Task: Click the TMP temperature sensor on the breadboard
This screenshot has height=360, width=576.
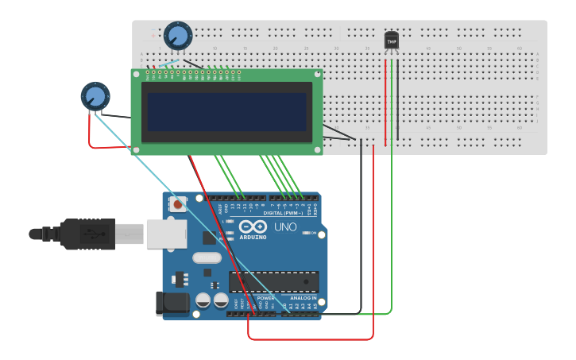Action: coord(392,41)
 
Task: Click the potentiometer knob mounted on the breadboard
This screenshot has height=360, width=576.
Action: coord(178,36)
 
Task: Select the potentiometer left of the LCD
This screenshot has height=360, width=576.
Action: coord(95,96)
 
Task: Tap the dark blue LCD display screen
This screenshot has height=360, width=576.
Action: coord(226,111)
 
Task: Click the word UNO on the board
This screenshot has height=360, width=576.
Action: coord(285,227)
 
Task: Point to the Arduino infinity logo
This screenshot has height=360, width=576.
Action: coord(253,226)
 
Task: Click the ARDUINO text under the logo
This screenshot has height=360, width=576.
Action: coord(253,237)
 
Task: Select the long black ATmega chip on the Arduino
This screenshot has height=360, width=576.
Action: coord(273,281)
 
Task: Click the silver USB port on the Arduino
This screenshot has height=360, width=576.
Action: coord(166,234)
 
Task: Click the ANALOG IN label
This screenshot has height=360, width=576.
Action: coord(303,298)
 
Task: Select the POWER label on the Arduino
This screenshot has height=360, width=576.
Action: coord(265,298)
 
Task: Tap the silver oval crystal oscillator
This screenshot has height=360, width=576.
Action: coord(207,257)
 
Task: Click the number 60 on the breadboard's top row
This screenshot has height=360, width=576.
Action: coord(520,48)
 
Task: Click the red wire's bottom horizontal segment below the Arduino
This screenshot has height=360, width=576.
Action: coord(310,339)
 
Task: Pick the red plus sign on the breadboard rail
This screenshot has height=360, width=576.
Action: coord(153,36)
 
